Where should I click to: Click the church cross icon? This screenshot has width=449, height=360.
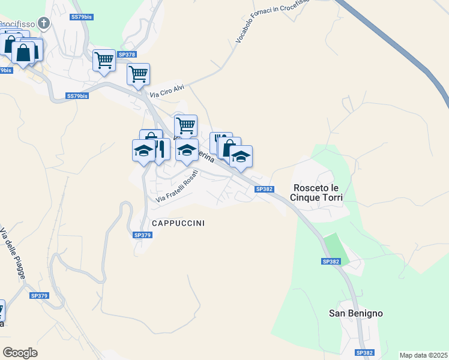[43, 23]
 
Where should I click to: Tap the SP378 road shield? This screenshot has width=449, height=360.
[127, 55]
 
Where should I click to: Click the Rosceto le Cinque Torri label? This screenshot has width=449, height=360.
[316, 192]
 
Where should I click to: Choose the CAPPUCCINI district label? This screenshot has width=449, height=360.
[178, 223]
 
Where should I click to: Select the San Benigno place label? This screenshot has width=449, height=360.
[356, 313]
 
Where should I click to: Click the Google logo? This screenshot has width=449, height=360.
[20, 353]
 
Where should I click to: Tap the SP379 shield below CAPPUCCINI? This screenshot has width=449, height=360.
[142, 235]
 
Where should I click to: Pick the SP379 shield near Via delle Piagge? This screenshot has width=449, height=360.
[39, 296]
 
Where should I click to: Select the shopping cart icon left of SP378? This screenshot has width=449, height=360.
[104, 60]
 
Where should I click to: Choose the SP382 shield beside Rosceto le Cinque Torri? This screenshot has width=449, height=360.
[265, 189]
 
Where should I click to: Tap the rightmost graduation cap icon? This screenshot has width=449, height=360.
[241, 157]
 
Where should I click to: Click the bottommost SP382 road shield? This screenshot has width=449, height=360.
[365, 353]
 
